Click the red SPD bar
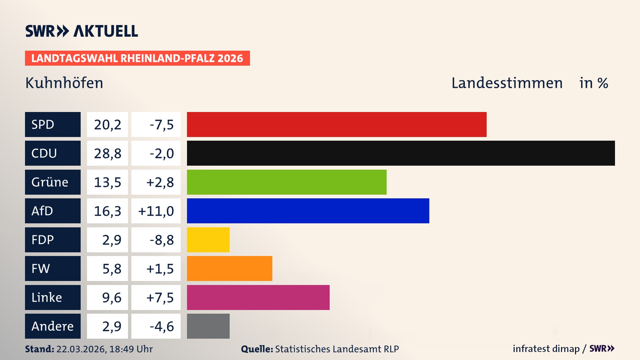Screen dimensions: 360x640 337,124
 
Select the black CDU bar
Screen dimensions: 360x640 401,153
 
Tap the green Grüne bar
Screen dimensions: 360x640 287,182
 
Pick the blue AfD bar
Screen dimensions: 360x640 308,211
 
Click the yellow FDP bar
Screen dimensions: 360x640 208,240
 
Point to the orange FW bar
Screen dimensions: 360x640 229,268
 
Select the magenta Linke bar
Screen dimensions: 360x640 258,297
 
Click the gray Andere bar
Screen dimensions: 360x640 208,326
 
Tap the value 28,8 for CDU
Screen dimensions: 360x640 107,153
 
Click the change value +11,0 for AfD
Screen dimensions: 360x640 156,211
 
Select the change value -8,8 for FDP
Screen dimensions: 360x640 162,240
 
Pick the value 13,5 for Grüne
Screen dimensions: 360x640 107,182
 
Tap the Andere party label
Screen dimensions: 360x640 53,326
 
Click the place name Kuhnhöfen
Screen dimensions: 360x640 64,83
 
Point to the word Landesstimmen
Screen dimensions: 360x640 507,83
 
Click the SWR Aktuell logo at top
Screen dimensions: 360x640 82,31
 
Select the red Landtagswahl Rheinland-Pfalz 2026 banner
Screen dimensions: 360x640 137,58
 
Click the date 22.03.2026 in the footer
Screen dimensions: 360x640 81,349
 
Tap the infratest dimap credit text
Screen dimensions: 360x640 546,349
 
